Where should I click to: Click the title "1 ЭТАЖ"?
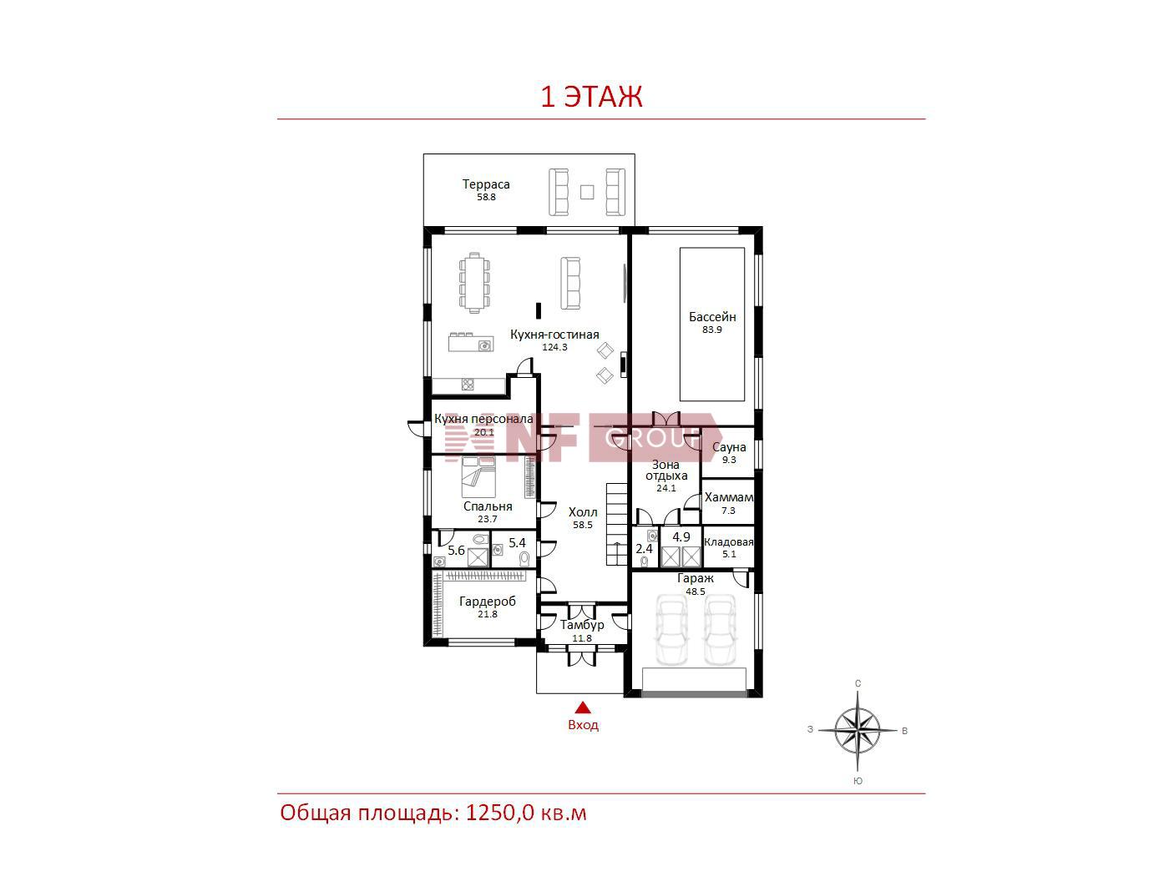point(591,97)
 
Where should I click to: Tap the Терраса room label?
point(486,184)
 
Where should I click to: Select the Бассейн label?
point(712,317)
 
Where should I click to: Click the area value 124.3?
point(554,347)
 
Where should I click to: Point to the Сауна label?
point(729,447)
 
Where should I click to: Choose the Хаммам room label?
point(729,497)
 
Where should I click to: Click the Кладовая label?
point(729,542)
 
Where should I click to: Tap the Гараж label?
point(695,579)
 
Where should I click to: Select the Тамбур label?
point(581,625)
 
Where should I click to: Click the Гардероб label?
point(488,602)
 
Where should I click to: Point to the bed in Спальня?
point(478,477)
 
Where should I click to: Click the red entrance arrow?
point(583,707)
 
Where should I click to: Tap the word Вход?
point(583,725)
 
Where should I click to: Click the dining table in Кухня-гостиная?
point(474,283)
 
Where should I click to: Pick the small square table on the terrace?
point(587,192)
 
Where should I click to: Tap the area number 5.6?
point(456,551)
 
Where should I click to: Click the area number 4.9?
point(681,537)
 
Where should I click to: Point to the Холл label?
point(583,512)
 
